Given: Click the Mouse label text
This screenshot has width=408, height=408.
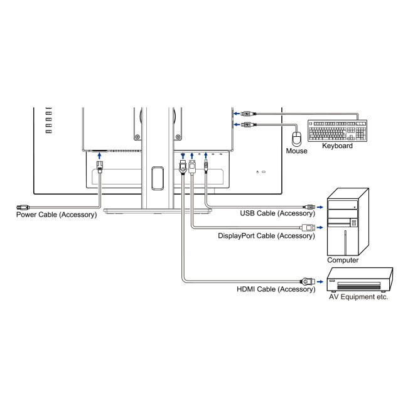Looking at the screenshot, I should click(x=296, y=151).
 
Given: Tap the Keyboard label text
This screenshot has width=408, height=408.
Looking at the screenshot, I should click(x=337, y=146).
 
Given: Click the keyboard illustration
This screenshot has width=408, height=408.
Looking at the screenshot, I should click(x=337, y=131).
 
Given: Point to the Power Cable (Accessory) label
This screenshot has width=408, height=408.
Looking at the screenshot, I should click(x=56, y=215).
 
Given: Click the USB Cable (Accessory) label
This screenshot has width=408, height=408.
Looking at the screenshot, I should click(x=277, y=213).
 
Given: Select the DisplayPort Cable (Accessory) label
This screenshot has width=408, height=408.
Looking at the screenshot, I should click(x=266, y=236).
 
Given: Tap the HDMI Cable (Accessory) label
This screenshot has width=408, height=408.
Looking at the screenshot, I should click(x=276, y=289).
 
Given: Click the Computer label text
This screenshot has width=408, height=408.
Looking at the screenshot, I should click(x=343, y=260).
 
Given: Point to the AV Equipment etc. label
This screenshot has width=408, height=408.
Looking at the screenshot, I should click(x=359, y=297).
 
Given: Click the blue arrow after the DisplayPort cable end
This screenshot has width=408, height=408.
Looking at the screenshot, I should click(x=320, y=227).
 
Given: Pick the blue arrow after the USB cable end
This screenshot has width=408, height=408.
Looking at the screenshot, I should click(x=320, y=206).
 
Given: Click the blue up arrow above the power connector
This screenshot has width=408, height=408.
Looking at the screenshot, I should click(x=99, y=156).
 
